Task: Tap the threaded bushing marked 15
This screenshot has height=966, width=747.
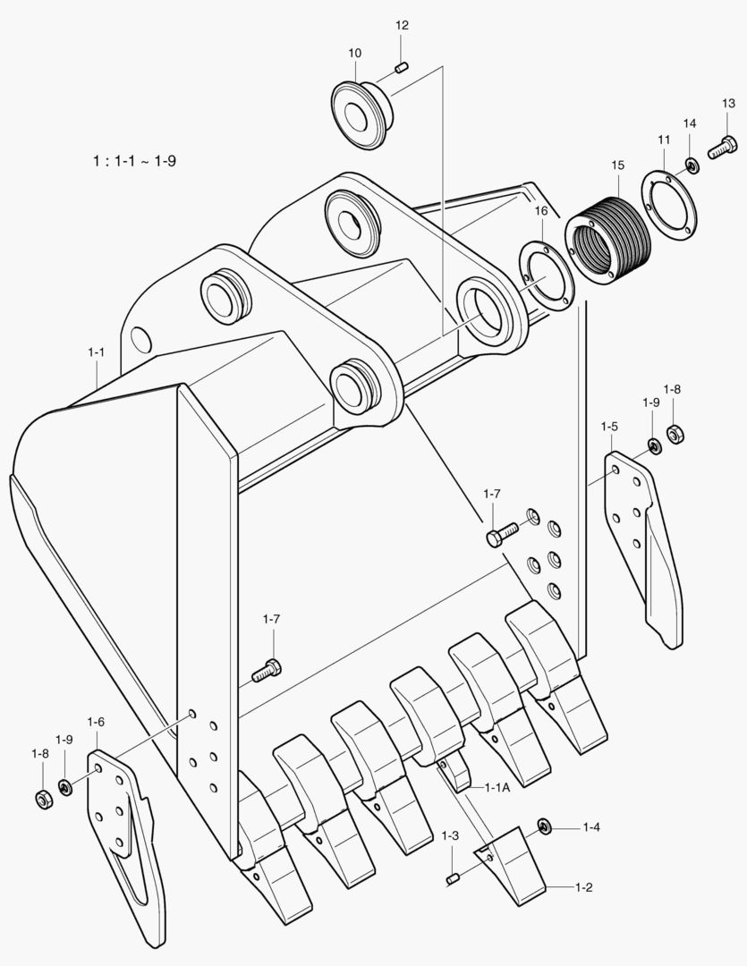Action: [605, 236]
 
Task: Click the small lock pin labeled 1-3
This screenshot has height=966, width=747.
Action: [453, 880]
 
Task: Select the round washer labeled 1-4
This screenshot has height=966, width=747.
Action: [543, 826]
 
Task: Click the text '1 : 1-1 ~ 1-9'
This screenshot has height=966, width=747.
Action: [135, 162]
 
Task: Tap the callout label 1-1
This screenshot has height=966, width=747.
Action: [97, 352]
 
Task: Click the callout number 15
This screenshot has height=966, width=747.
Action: [617, 165]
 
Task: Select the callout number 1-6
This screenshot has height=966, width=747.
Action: [96, 722]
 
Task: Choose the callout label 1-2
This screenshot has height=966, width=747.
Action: [583, 887]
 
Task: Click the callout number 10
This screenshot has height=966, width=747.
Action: [355, 54]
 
